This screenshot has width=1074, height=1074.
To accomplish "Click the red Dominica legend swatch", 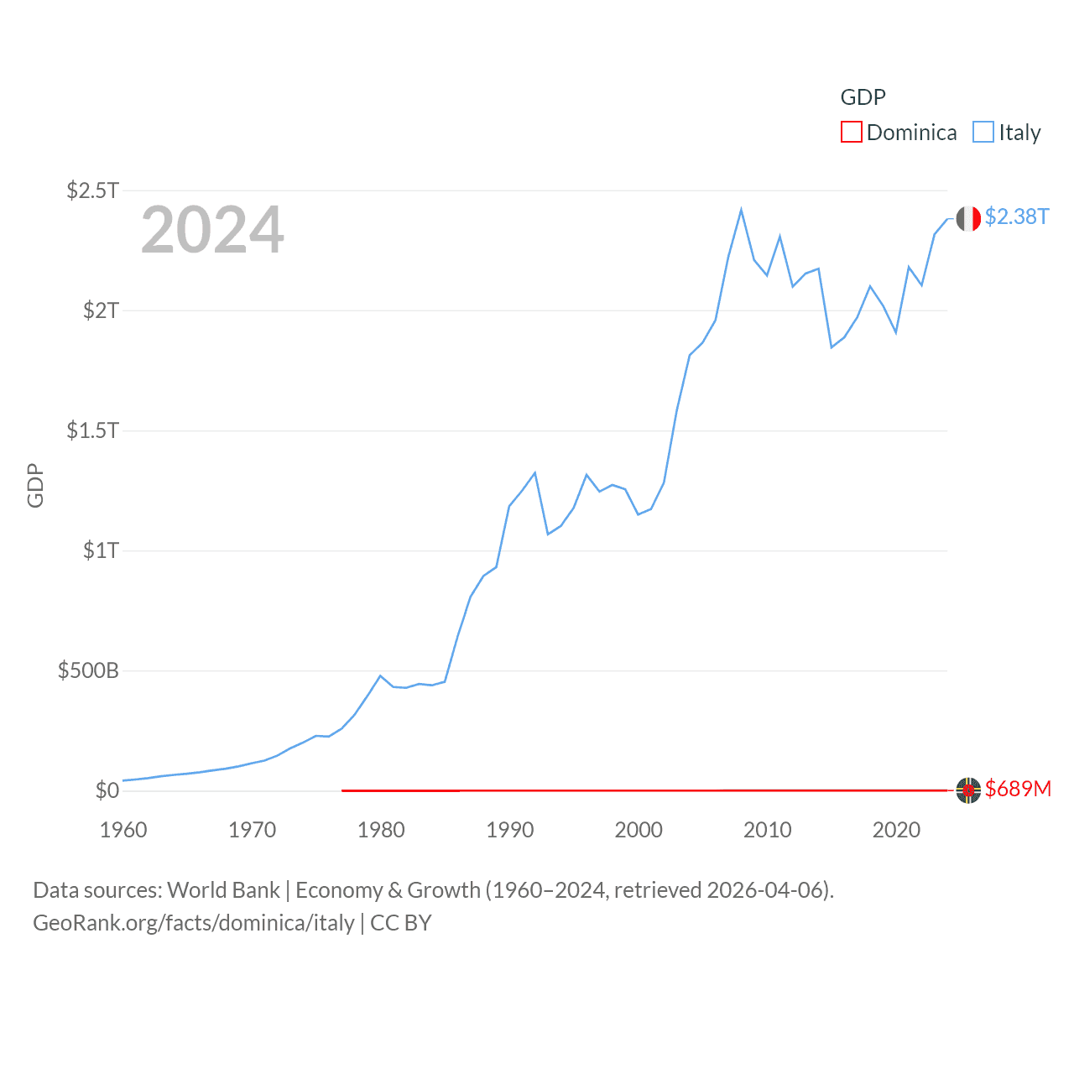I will pyautogui.click(x=851, y=133).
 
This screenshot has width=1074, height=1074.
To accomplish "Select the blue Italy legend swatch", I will pyautogui.click(x=983, y=133).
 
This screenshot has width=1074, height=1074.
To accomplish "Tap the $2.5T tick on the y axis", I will pyautogui.click(x=93, y=190).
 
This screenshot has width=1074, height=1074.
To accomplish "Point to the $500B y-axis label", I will pyautogui.click(x=88, y=670).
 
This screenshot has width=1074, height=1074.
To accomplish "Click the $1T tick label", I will pyautogui.click(x=101, y=550).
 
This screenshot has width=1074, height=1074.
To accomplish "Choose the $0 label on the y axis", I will pyautogui.click(x=107, y=790).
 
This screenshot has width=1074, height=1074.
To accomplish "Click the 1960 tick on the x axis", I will pyautogui.click(x=123, y=830).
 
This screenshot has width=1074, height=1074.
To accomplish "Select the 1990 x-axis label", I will pyautogui.click(x=509, y=830).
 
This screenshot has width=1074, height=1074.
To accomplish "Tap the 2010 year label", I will pyautogui.click(x=767, y=830).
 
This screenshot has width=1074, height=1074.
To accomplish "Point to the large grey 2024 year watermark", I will pyautogui.click(x=212, y=230).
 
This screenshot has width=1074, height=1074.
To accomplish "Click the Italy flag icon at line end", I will pyautogui.click(x=968, y=218).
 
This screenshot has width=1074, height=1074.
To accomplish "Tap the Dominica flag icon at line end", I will pyautogui.click(x=968, y=790).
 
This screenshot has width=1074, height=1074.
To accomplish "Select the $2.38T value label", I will pyautogui.click(x=1017, y=216).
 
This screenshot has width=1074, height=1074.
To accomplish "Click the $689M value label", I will pyautogui.click(x=1018, y=789).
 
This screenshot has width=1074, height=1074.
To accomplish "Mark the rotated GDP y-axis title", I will pyautogui.click(x=35, y=485).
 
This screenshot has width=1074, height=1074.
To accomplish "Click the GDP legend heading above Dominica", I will pyautogui.click(x=863, y=97).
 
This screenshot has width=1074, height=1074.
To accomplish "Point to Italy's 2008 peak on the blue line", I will pyautogui.click(x=741, y=210).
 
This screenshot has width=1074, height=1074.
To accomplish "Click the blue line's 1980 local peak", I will pyautogui.click(x=380, y=675).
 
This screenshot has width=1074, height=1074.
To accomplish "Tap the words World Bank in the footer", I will pyautogui.click(x=223, y=890).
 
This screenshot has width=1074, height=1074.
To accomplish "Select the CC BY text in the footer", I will pyautogui.click(x=401, y=923).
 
